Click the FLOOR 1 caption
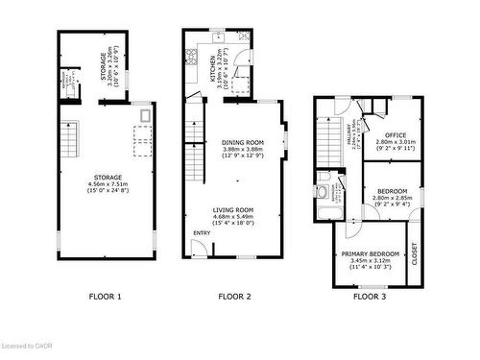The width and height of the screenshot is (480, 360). [106, 297]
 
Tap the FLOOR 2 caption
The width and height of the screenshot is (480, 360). [234, 297]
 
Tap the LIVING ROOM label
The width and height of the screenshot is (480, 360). [233, 209]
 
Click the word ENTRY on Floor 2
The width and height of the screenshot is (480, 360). [203, 232]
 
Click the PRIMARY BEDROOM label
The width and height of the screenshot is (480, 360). [371, 254]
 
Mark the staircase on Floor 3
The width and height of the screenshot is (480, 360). [327, 144]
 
